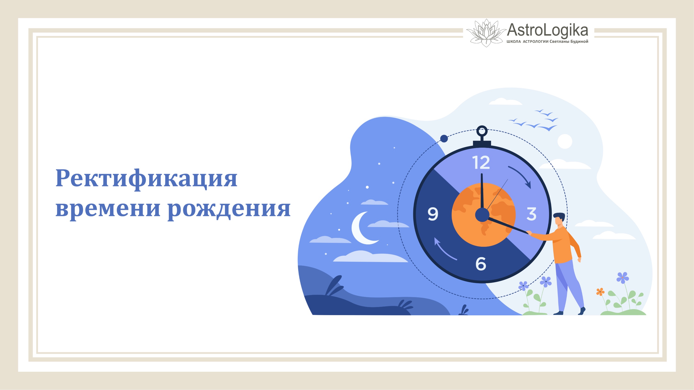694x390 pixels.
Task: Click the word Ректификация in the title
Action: click(x=146, y=179)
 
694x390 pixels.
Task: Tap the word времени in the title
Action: click(x=108, y=208)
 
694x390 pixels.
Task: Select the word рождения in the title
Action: click(x=229, y=209)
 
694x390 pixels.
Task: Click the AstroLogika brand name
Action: click(x=547, y=30)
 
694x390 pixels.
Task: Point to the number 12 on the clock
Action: click(x=481, y=163)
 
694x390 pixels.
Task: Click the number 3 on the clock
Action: click(x=531, y=214)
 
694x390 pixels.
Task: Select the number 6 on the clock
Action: click(x=481, y=264)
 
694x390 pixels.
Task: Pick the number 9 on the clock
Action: click(x=433, y=214)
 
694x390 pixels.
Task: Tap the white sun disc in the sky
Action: click(x=565, y=141)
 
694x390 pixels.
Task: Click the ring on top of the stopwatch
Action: click(x=482, y=131)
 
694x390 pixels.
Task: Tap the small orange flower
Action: click(x=600, y=292)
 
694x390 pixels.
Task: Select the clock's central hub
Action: click(x=482, y=215)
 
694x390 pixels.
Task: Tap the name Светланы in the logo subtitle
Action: click(x=559, y=41)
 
